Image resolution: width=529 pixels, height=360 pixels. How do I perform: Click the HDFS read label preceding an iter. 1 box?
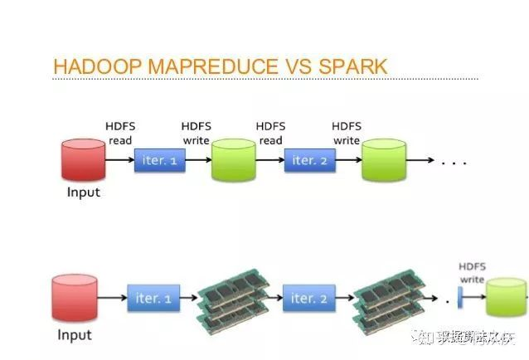120,133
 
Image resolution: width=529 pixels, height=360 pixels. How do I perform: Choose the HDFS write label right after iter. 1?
197,133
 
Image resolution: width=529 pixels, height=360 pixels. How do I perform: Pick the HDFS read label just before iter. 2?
271,133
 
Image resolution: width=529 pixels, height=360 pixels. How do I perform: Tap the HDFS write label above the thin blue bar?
472,273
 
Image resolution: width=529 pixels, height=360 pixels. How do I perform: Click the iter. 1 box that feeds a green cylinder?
160,160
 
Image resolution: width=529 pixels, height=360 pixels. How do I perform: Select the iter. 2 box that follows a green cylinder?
310,160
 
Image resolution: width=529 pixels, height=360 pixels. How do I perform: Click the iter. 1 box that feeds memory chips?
153,298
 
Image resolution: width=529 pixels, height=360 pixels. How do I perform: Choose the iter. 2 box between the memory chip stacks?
308,298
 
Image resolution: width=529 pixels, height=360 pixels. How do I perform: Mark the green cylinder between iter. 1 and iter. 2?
234,159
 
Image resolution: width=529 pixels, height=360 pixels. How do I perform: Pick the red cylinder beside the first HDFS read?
82,159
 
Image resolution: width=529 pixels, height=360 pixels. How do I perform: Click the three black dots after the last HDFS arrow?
455,163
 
